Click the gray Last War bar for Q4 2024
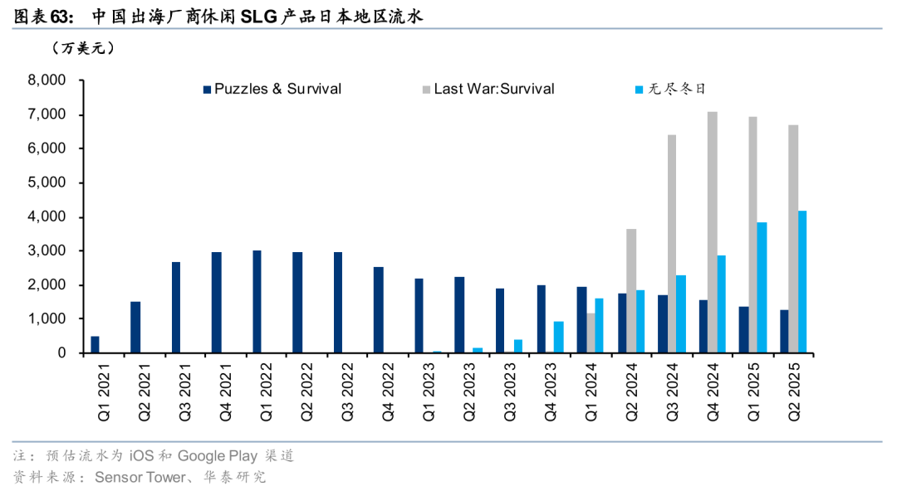point(713,232)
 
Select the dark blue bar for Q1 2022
point(257,302)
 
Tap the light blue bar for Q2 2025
point(802,282)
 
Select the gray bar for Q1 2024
point(591,333)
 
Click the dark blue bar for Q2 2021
point(135,327)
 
